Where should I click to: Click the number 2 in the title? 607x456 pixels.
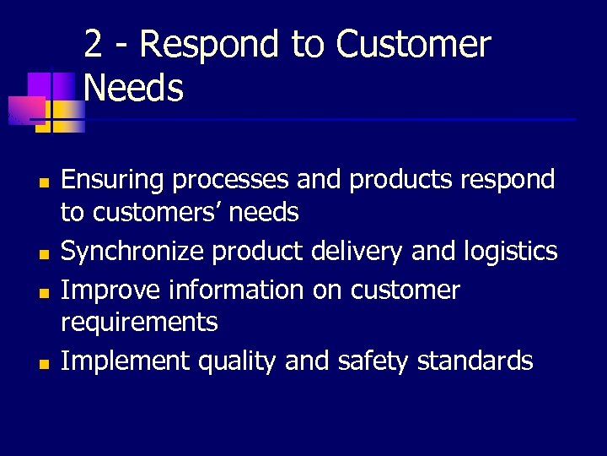[x=94, y=45]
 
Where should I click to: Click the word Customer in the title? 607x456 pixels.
[x=413, y=45]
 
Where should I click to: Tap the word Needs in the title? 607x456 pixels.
[x=134, y=88]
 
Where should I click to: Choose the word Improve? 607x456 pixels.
[x=110, y=290]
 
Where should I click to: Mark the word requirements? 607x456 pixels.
[x=140, y=322]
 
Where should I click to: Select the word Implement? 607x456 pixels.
[x=126, y=361]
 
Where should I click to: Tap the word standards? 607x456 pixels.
[x=477, y=361]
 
